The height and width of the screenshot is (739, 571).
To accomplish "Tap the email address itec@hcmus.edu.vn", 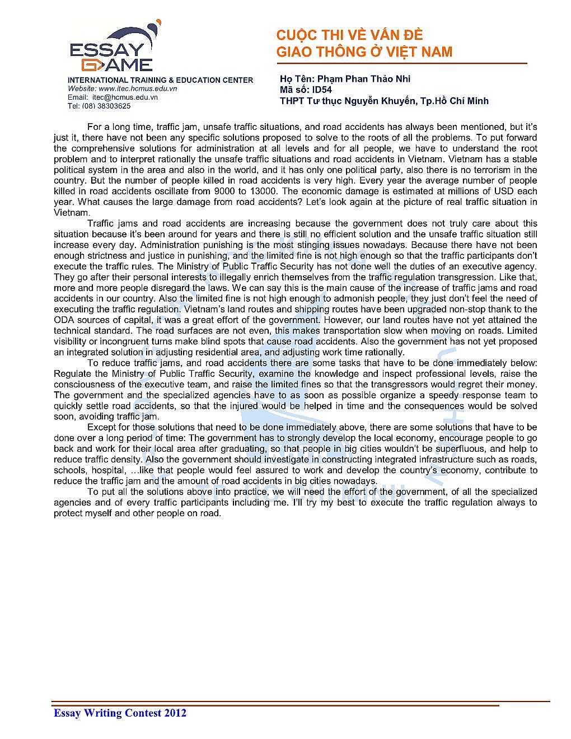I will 125,97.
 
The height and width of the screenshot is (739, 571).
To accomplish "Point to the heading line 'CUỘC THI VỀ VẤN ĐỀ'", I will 349,35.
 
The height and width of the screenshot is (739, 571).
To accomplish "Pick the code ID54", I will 322,90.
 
